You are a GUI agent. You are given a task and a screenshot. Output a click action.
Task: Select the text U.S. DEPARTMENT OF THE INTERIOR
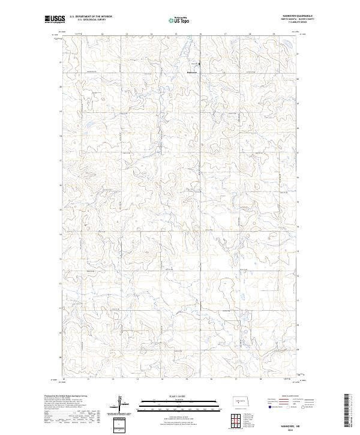[x=90, y=17]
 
